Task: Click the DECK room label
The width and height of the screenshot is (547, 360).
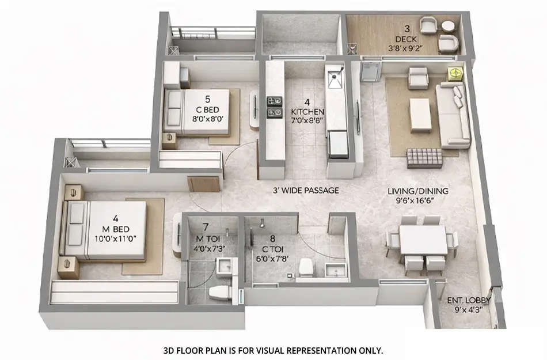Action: click(407, 39)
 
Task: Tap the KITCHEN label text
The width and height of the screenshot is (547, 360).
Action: click(307, 111)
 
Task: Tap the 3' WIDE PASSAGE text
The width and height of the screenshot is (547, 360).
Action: click(306, 190)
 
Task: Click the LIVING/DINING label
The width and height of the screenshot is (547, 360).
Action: click(417, 191)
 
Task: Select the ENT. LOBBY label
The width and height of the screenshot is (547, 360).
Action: click(465, 300)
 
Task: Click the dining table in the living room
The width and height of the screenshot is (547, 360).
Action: click(423, 240)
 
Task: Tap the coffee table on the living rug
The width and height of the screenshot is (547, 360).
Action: click(420, 115)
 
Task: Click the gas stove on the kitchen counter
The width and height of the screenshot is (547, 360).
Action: click(274, 107)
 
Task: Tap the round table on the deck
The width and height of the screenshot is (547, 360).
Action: click(447, 26)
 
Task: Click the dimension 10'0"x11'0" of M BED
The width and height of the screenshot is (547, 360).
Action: click(116, 239)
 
